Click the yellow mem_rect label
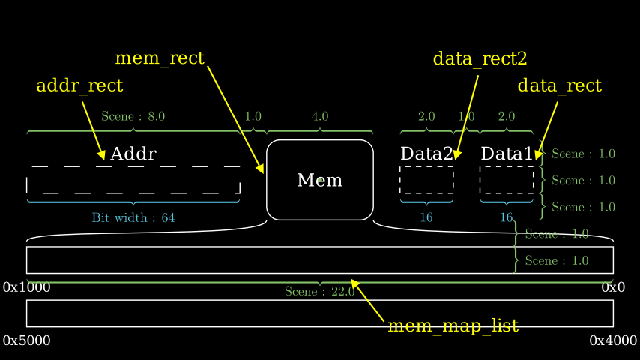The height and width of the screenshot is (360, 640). click(160, 58)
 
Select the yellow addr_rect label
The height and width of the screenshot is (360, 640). click(79, 85)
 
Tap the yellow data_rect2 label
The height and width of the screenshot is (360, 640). click(480, 58)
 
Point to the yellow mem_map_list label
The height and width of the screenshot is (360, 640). click(453, 325)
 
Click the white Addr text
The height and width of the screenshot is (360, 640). click(133, 154)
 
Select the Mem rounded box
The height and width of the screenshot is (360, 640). click(320, 180)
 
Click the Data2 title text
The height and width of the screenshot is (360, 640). click(426, 154)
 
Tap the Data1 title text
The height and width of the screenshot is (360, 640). click(507, 154)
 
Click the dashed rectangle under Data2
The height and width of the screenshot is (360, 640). click(426, 180)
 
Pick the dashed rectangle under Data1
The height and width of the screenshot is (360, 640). click(507, 180)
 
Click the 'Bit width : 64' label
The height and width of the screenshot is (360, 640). click(133, 218)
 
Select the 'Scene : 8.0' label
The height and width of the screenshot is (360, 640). click(133, 116)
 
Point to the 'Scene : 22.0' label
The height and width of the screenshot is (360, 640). click(320, 292)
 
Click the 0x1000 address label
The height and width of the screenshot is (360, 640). click(27, 287)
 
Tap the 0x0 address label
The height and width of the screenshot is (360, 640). click(612, 287)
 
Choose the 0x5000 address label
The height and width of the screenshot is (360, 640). click(27, 340)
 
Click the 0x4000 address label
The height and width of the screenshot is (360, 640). click(612, 340)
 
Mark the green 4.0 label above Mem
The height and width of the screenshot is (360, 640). click(320, 116)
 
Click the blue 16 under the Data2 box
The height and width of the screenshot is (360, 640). click(426, 218)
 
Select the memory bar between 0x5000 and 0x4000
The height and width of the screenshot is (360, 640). click(320, 313)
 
